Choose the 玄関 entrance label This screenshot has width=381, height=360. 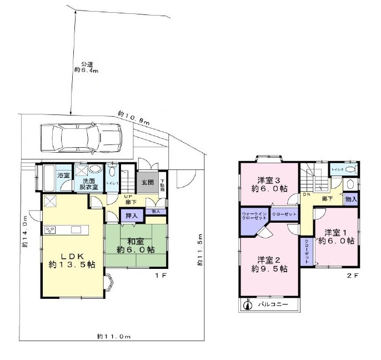(147, 182)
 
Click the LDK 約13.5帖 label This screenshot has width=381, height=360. (71, 260)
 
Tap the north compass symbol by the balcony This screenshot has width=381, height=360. (248, 304)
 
